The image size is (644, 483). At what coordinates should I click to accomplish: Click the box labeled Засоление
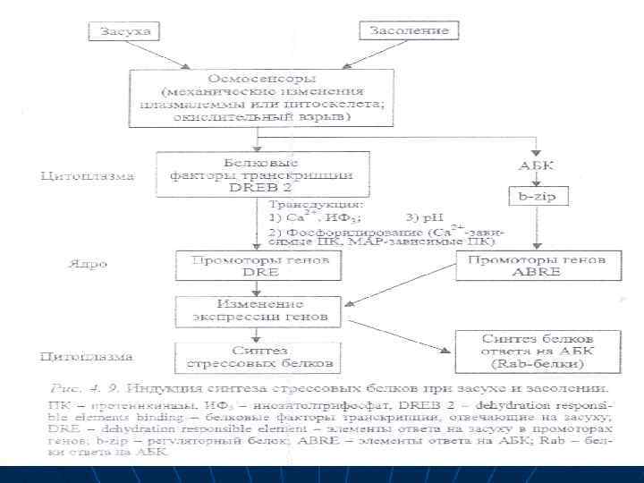coord(409,32)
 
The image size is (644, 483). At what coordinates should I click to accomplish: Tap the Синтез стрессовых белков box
coord(257,356)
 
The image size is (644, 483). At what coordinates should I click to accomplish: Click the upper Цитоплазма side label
coord(88,176)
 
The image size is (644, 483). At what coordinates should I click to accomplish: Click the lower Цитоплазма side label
coord(88,357)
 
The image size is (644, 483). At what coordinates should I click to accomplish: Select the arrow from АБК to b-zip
coord(536,180)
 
